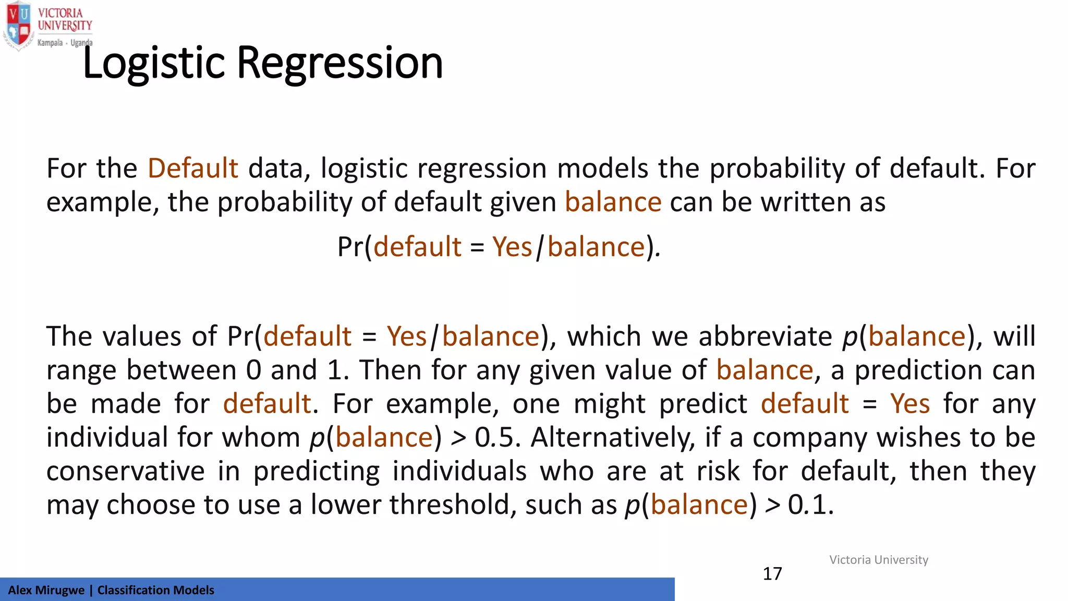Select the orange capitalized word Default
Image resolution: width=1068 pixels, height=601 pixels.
pyautogui.click(x=192, y=169)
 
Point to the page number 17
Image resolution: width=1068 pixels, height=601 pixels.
pyautogui.click(x=772, y=574)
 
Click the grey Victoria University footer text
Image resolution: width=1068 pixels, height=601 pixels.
pyautogui.click(x=879, y=560)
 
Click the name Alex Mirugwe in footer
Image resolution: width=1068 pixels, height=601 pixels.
pyautogui.click(x=46, y=590)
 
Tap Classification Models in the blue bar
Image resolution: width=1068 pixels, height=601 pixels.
pyautogui.click(x=155, y=590)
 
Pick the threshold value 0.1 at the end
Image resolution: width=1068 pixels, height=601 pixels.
pyautogui.click(x=810, y=505)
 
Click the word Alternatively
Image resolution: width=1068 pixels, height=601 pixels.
pyautogui.click(x=613, y=438)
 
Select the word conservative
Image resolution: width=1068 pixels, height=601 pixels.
pyautogui.click(x=125, y=471)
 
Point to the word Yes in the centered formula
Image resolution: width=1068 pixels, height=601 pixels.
pyautogui.click(x=512, y=247)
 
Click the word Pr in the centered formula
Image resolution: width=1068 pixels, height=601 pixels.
pyautogui.click(x=350, y=247)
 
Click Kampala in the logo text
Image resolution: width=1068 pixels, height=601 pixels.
pyautogui.click(x=50, y=43)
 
